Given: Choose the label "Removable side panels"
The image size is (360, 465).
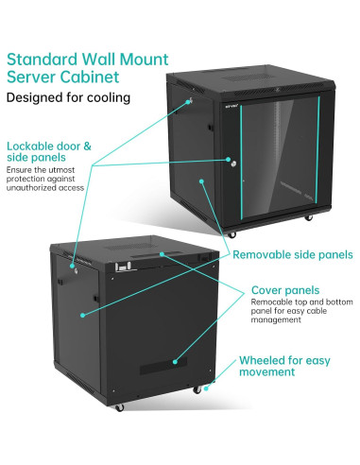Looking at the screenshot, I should coord(293,254).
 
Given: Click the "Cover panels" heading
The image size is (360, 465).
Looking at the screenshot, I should coord(283,289).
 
